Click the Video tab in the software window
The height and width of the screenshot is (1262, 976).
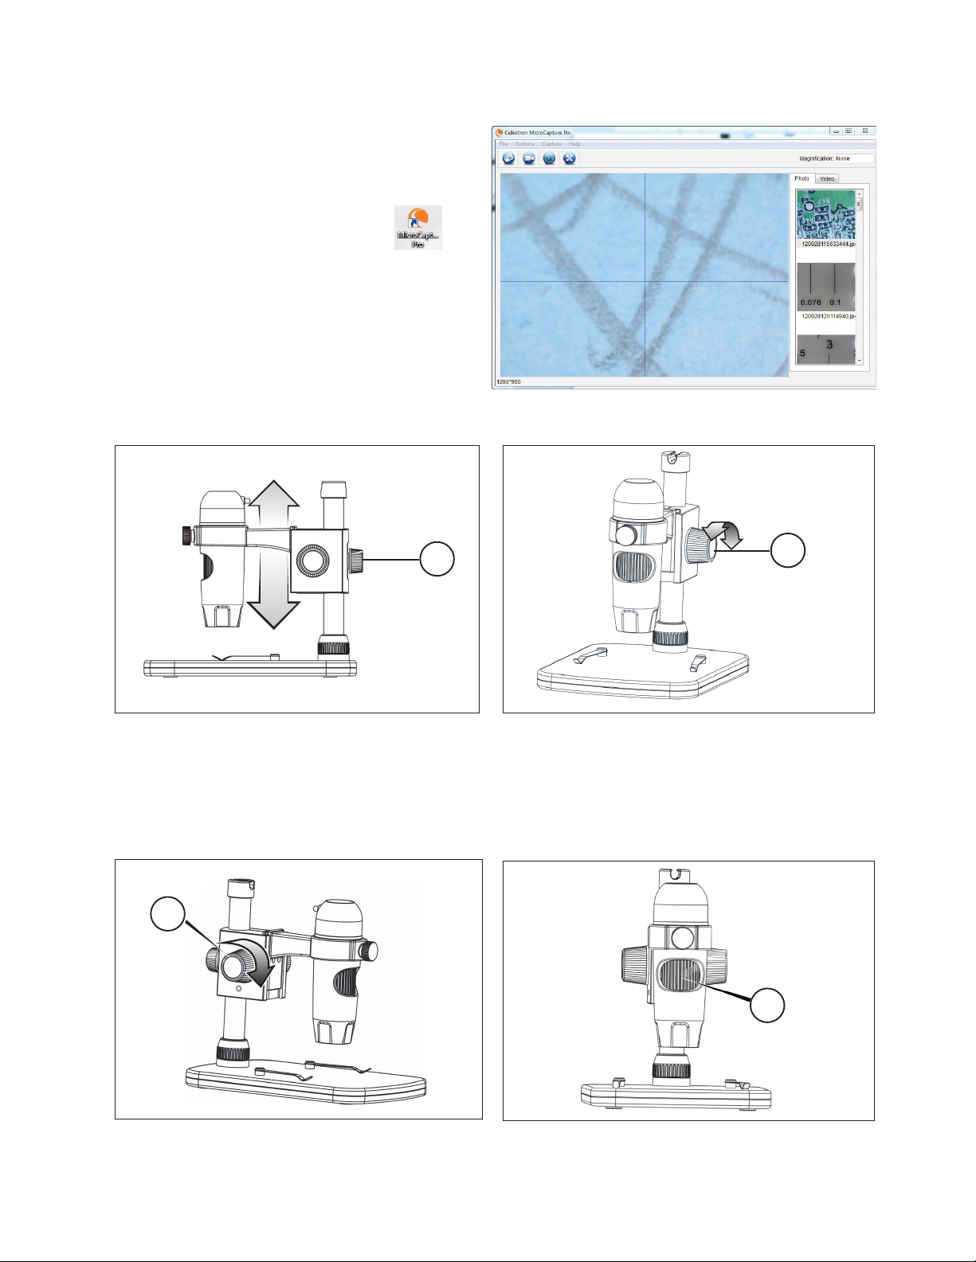click(x=827, y=178)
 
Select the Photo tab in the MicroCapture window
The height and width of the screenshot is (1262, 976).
click(x=802, y=178)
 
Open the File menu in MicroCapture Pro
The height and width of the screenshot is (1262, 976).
click(x=504, y=144)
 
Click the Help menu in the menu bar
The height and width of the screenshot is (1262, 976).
click(x=574, y=144)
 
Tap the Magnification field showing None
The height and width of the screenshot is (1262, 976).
click(x=853, y=158)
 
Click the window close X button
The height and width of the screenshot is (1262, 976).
click(x=865, y=131)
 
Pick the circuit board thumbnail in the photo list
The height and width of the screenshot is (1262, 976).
click(x=825, y=214)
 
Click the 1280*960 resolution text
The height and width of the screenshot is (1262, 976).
click(x=508, y=382)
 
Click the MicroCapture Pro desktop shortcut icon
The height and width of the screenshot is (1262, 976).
click(x=418, y=227)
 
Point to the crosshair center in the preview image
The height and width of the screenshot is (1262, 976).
click(x=644, y=281)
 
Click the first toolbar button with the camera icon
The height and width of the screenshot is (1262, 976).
click(x=508, y=158)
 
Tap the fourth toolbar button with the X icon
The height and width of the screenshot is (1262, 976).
click(x=569, y=158)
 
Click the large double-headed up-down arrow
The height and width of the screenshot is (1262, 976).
click(x=273, y=554)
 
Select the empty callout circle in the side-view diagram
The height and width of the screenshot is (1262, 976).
click(x=437, y=559)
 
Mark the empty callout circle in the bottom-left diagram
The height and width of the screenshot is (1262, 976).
click(x=168, y=913)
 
